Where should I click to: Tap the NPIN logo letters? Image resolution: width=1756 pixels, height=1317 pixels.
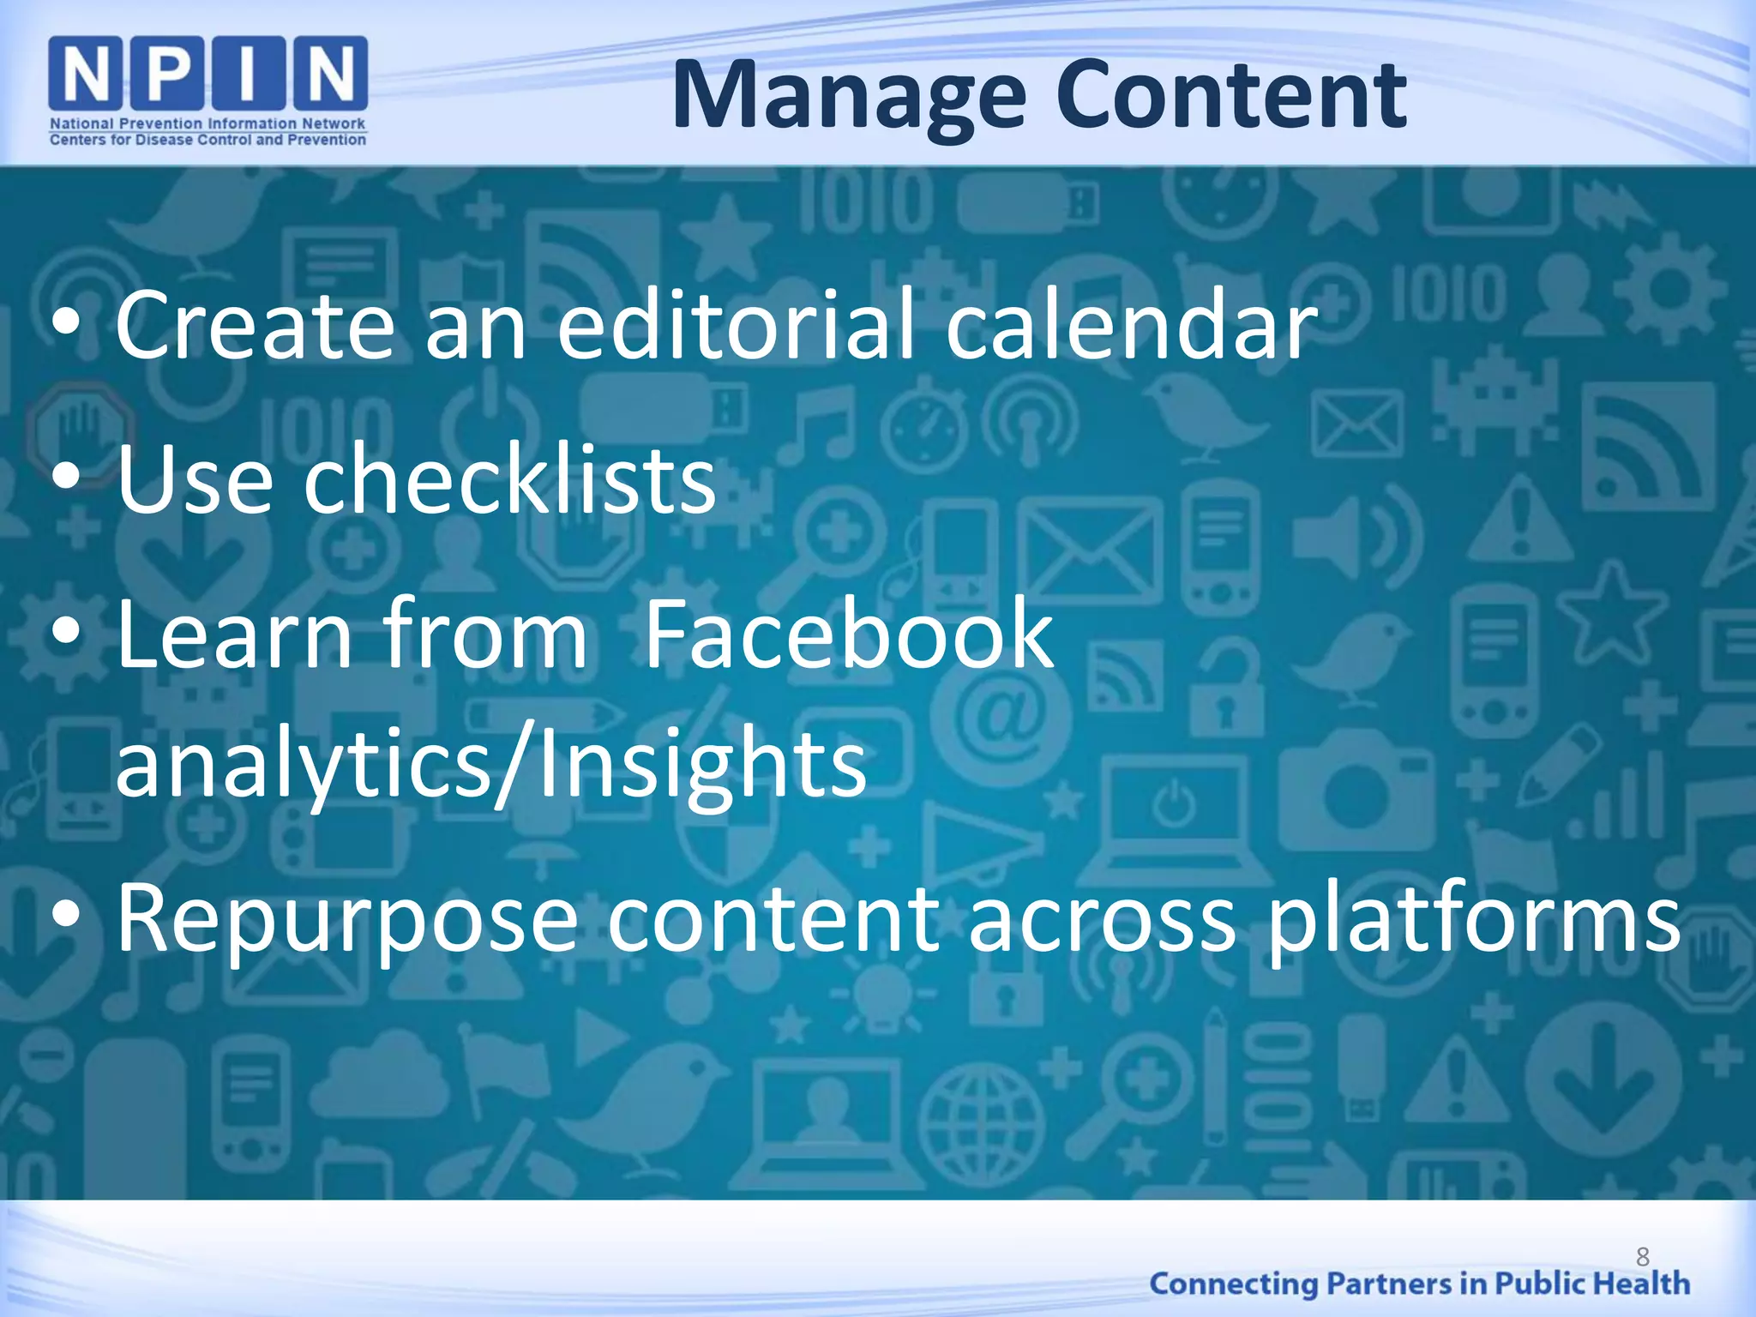click(x=208, y=74)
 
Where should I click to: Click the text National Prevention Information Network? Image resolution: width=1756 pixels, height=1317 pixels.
click(x=208, y=123)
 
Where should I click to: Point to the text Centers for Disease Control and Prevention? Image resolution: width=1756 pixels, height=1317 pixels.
click(x=208, y=140)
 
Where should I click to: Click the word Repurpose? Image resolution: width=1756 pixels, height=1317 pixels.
click(x=347, y=919)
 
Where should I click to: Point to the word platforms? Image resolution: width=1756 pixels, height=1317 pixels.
click(x=1473, y=919)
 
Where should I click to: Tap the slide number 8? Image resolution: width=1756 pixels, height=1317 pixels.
click(x=1642, y=1257)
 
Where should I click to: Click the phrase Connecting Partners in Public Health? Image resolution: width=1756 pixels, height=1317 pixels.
click(x=1419, y=1284)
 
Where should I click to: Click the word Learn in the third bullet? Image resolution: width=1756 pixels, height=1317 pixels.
click(x=234, y=634)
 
